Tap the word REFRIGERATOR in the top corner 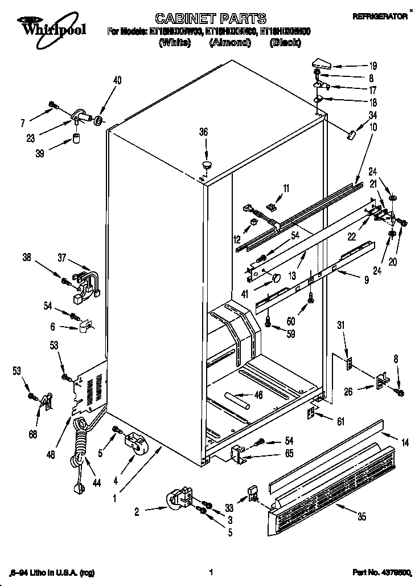point(380,17)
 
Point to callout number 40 point(117,80)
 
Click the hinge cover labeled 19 point(321,63)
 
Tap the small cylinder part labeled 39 point(75,139)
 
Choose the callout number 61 point(341,421)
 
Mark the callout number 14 point(405,441)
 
